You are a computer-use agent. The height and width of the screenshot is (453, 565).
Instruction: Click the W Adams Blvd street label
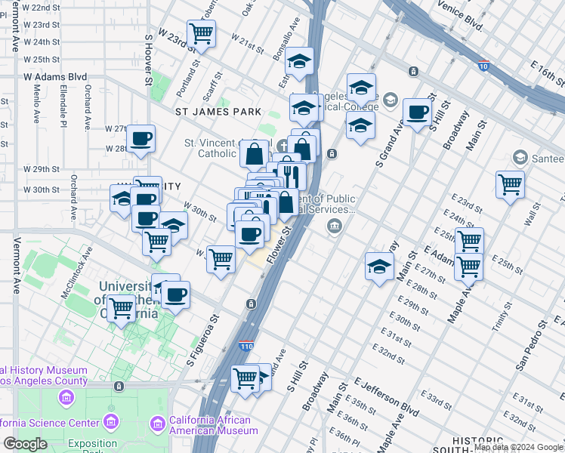coord(55,76)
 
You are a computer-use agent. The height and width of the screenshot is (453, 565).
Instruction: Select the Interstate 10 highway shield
coord(483,66)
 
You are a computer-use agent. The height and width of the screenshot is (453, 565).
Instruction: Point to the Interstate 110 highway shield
coord(246,346)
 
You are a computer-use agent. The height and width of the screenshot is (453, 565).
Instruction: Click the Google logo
coord(25,444)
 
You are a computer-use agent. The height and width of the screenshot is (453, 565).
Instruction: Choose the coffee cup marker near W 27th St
coord(141,138)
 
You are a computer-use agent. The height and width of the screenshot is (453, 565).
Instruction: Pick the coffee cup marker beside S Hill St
coord(416,112)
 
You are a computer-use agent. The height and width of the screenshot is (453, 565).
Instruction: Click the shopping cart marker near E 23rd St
coord(511,183)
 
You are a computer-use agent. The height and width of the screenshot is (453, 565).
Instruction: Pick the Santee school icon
coord(520,158)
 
